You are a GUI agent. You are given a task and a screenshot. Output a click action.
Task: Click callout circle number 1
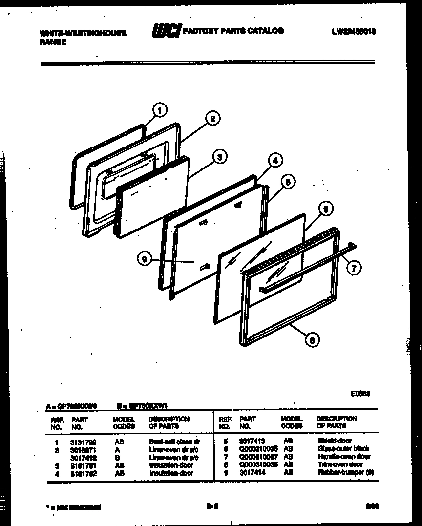160,110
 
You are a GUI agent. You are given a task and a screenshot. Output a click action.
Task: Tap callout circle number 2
212,118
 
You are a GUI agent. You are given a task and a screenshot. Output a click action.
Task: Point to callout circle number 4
275,160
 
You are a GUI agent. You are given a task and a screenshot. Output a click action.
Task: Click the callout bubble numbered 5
288,182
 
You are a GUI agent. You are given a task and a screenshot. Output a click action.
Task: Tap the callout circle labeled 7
354,267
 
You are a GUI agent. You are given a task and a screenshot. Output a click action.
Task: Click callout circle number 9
144,260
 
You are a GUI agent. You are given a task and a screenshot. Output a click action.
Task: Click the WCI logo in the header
166,31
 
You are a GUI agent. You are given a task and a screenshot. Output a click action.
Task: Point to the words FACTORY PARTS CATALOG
233,31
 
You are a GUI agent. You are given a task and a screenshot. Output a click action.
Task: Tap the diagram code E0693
360,394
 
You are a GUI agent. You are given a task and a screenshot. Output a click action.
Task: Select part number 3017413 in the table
253,441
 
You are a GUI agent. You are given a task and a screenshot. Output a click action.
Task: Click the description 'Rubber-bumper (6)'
345,472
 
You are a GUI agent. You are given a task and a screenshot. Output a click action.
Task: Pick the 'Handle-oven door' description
344,457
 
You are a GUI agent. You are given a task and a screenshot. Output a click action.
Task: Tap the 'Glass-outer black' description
343,448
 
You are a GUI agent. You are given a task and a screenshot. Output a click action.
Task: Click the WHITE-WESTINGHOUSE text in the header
83,33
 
